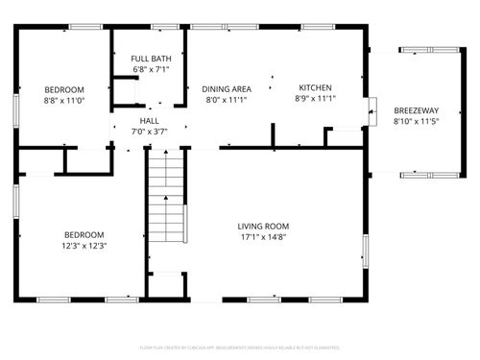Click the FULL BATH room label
[x=150, y=60]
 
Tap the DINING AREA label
[x=227, y=87]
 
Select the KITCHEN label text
[x=314, y=87]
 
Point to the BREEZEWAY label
[x=415, y=110]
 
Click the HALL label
[x=149, y=121]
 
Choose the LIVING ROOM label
[x=263, y=227]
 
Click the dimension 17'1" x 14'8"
[x=263, y=237]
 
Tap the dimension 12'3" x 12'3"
[x=84, y=245]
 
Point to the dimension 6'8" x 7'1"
[x=150, y=70]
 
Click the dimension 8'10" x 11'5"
[x=415, y=122]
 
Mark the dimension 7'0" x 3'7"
[x=149, y=132]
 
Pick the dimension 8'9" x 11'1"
[x=314, y=99]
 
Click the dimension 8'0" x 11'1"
[x=227, y=99]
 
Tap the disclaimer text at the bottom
[x=239, y=347]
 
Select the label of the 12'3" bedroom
[x=84, y=234]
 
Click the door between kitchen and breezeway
[x=372, y=110]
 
